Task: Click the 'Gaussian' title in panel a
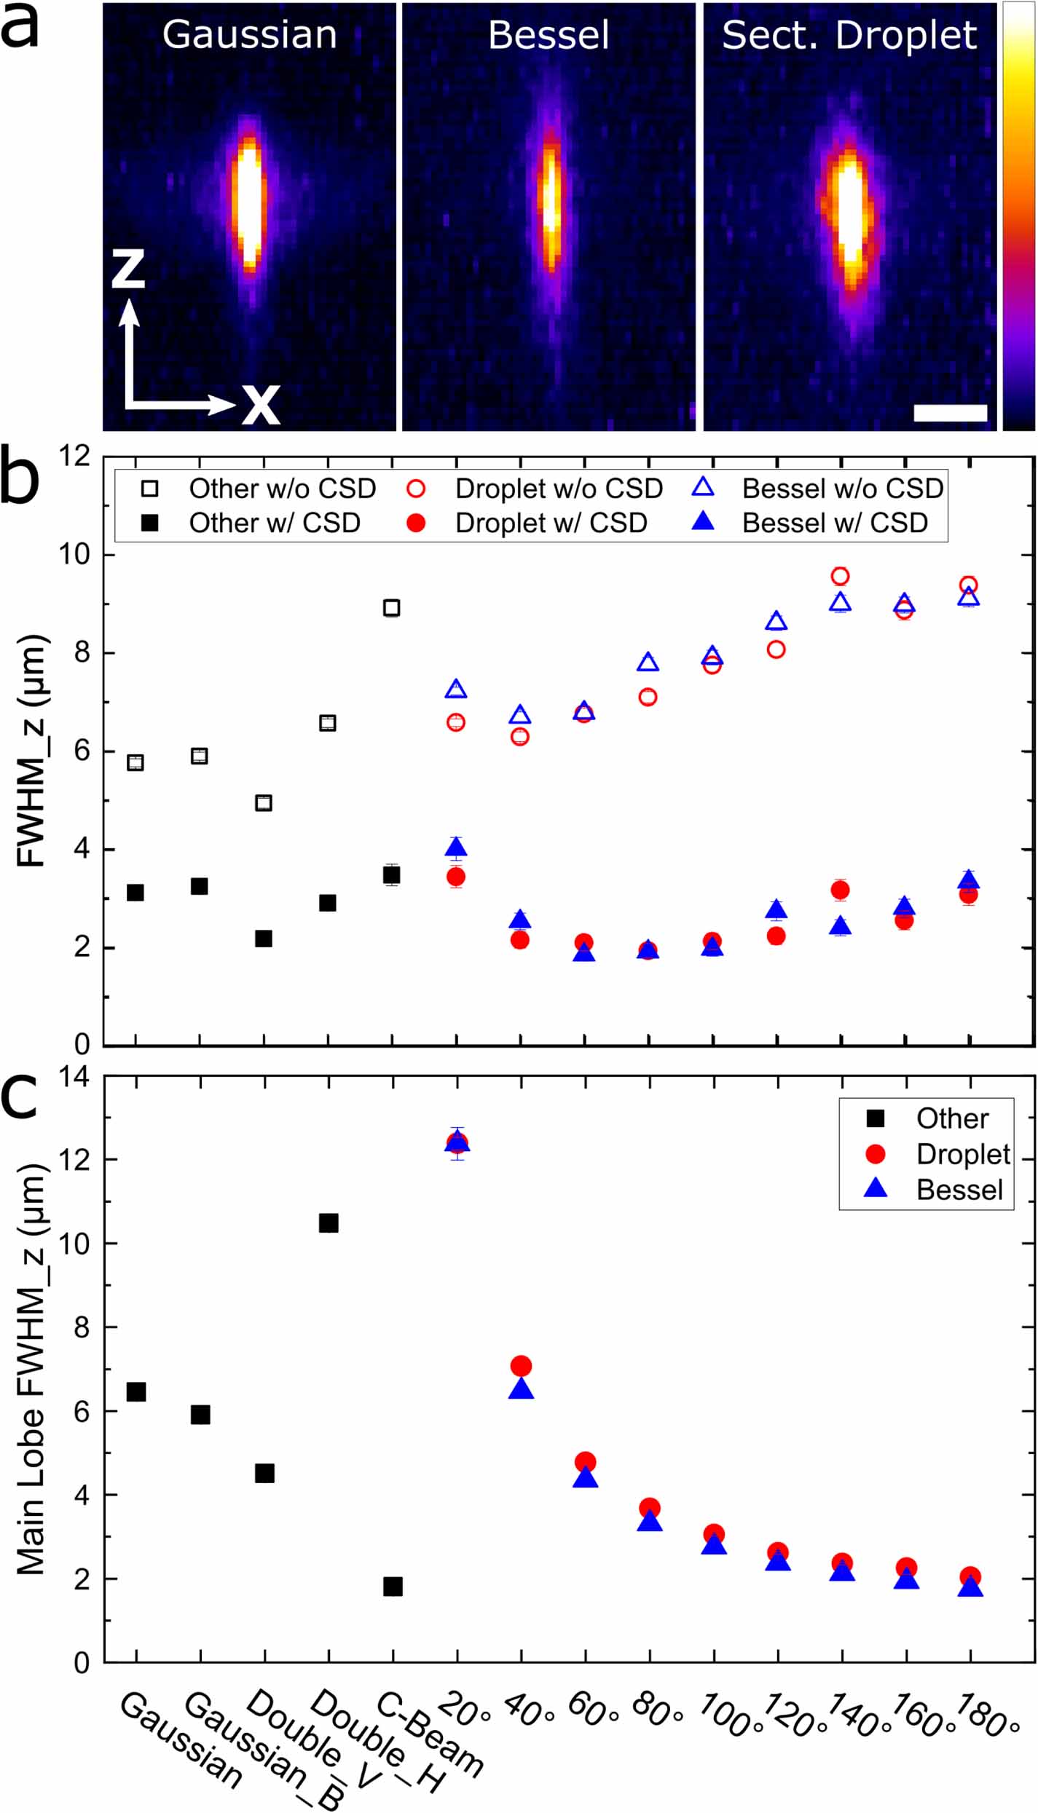pos(249,35)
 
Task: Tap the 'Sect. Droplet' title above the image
pos(849,35)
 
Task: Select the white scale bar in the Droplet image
pos(950,413)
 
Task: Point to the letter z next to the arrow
pos(128,268)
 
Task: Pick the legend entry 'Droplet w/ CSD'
pos(551,523)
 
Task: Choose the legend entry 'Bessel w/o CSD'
pos(842,488)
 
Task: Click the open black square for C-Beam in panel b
pos(392,607)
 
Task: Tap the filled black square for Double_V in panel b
pos(264,939)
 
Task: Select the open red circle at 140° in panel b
pos(840,576)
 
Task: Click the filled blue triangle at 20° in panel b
pos(457,847)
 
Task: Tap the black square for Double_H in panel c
pos(329,1223)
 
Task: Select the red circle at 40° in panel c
pos(521,1365)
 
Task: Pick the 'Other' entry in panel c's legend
pos(951,1118)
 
